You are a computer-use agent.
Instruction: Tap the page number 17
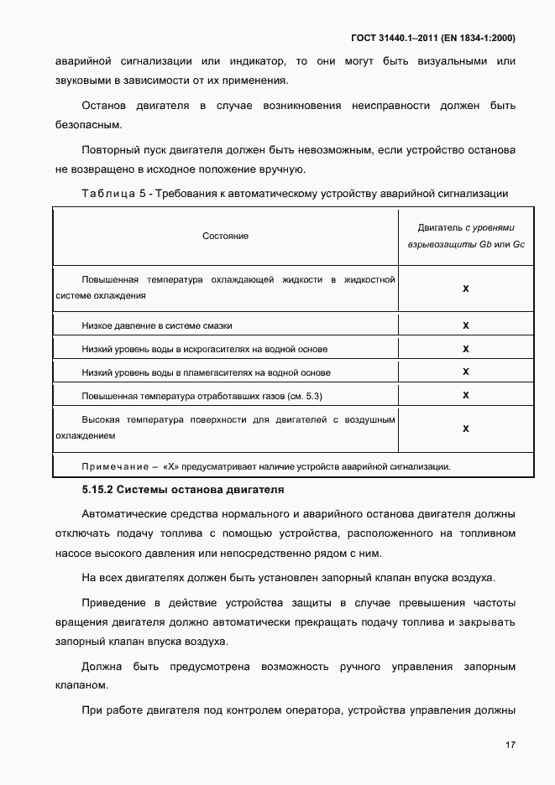[x=510, y=745]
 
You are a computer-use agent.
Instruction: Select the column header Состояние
[x=225, y=236]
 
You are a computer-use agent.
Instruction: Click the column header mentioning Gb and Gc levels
[x=465, y=236]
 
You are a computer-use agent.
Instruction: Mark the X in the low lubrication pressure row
[x=465, y=325]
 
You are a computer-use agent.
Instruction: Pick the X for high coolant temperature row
[x=465, y=288]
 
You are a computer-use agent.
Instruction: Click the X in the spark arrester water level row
[x=465, y=349]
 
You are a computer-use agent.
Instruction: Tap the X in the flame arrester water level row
[x=465, y=372]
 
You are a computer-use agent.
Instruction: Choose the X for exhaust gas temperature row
[x=465, y=395]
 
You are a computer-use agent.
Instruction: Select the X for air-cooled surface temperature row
[x=465, y=428]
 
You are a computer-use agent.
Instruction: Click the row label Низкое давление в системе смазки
[x=157, y=325]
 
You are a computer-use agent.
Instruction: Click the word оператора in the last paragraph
[x=305, y=708]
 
